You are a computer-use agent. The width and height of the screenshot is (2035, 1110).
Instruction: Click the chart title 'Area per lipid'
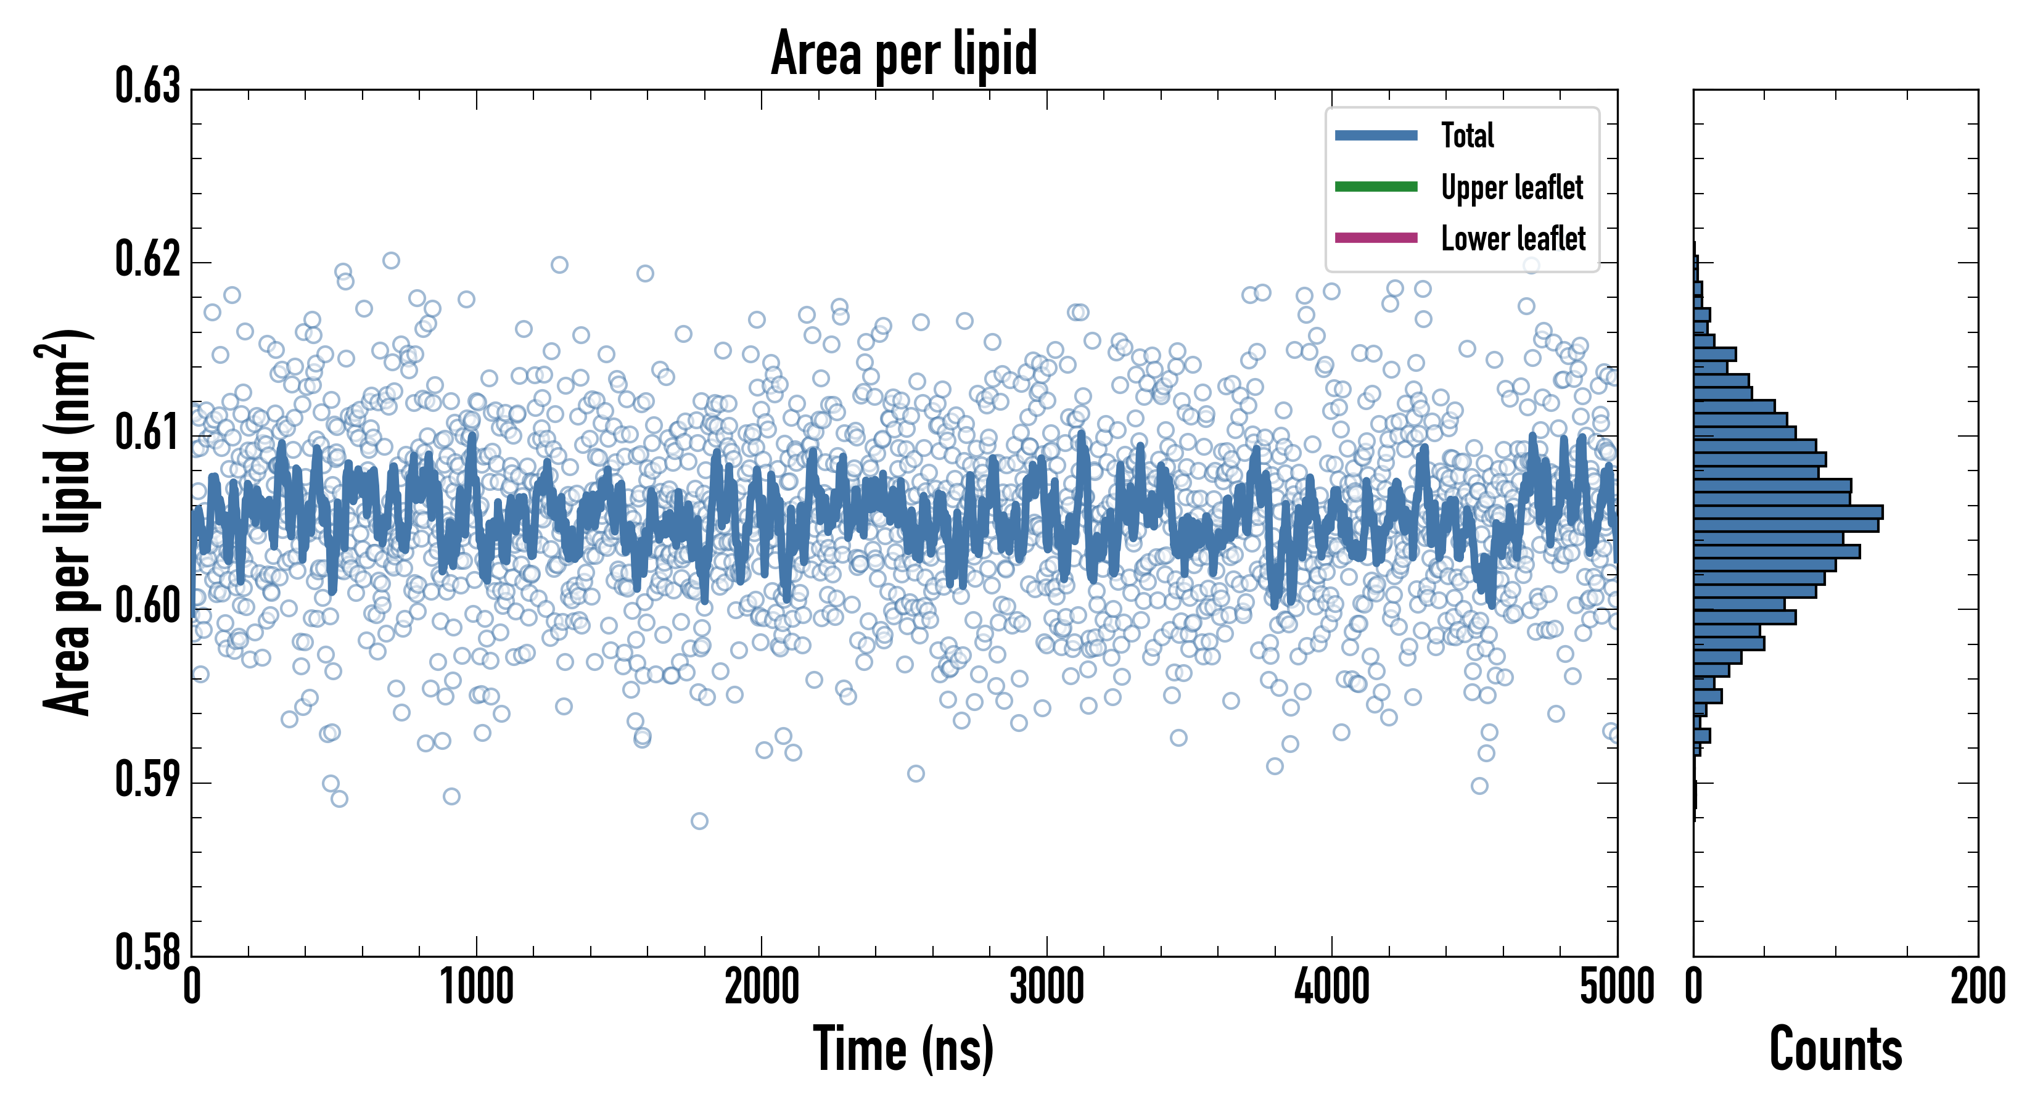[x=904, y=54]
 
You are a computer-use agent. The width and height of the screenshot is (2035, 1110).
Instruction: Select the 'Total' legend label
[x=1467, y=135]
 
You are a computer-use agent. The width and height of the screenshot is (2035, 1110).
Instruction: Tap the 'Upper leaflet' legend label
[x=1511, y=187]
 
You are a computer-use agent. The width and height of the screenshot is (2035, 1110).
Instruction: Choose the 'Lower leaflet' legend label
[x=1513, y=239]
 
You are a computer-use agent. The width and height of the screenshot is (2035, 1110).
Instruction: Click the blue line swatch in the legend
[x=1376, y=135]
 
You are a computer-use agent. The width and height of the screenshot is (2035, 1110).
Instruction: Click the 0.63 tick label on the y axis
[x=148, y=86]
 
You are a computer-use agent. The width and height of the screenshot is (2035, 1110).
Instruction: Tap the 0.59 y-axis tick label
[x=148, y=779]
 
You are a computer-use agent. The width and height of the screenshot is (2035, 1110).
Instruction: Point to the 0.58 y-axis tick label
[x=148, y=952]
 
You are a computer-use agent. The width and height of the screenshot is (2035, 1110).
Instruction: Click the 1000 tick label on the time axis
[x=476, y=987]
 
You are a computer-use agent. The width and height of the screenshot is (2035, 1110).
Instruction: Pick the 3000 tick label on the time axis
[x=1046, y=987]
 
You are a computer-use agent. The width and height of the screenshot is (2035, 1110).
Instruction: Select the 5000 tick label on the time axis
[x=1616, y=987]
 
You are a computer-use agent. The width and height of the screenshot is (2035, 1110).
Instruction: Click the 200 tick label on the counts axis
[x=1977, y=987]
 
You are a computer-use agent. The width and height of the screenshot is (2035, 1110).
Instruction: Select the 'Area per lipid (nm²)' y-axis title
[x=67, y=522]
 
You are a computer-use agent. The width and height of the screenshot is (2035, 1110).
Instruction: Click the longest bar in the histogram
[x=1788, y=512]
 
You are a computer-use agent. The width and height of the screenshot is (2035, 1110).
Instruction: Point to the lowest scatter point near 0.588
[x=699, y=821]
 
